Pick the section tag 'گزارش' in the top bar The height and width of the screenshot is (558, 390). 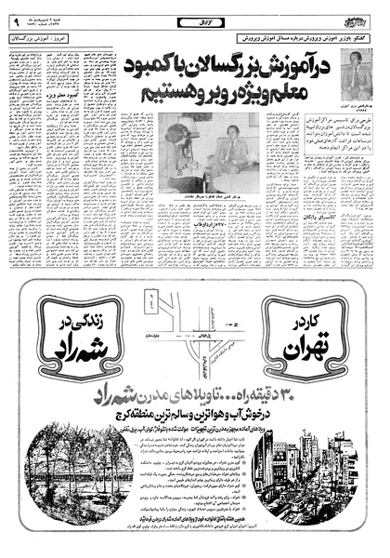[x=196, y=13]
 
